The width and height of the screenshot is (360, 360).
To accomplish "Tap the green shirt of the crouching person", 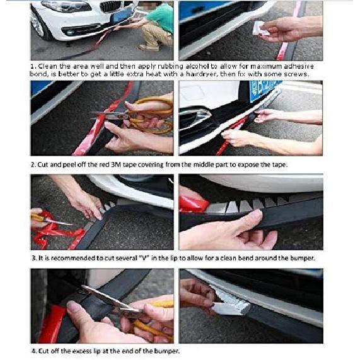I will point(161,20).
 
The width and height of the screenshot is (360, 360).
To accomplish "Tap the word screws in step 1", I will point(292,75).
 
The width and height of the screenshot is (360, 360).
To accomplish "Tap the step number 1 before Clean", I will point(33,66).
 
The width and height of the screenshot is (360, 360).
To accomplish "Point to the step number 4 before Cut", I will point(33,351).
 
